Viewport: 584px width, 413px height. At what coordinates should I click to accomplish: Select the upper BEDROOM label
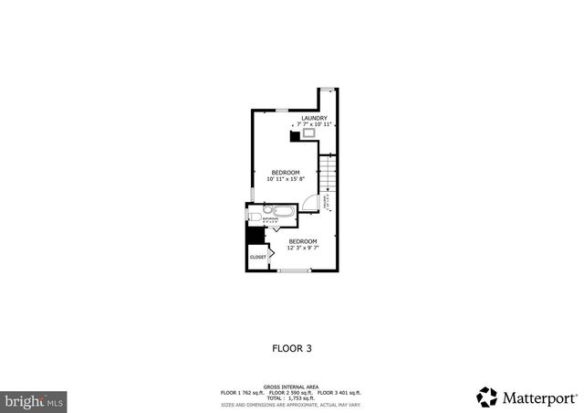coord(286,173)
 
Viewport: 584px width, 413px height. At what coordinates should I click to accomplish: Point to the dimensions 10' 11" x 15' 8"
coord(286,179)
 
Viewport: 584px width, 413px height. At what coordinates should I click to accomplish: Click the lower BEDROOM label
coord(302,241)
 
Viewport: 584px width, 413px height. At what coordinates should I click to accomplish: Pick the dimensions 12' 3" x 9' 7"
coord(302,248)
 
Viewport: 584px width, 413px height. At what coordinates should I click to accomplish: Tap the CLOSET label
coord(258,258)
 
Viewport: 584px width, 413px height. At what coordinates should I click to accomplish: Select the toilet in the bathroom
coord(254,218)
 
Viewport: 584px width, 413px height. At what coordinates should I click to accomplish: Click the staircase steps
coord(328,174)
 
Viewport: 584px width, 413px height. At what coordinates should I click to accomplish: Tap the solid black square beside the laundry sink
coord(295,136)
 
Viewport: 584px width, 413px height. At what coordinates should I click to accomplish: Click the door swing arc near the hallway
coord(313,202)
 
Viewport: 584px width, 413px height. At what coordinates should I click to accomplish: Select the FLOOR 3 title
coord(292,347)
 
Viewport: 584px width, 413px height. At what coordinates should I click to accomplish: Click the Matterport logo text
coord(538,397)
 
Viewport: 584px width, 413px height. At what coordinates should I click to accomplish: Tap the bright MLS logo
coord(34,400)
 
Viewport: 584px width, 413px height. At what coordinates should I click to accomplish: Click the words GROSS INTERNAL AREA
coord(291,387)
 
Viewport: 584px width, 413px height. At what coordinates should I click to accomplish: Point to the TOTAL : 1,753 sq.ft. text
coord(291,398)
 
